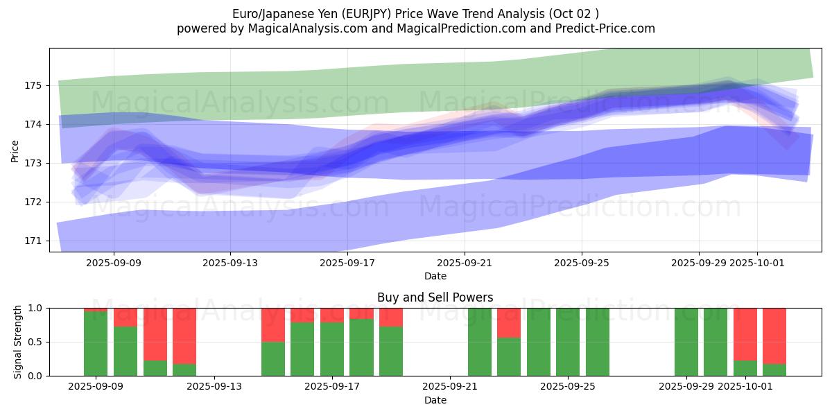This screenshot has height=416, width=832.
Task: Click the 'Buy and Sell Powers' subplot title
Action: pyautogui.click(x=435, y=297)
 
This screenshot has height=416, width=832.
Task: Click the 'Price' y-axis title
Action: pyautogui.click(x=15, y=150)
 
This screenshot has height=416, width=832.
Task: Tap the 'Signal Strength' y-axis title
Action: pyautogui.click(x=17, y=342)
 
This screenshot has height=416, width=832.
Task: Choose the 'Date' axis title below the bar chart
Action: pyautogui.click(x=435, y=400)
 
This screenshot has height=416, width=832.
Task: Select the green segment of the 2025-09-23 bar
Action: pyautogui.click(x=509, y=356)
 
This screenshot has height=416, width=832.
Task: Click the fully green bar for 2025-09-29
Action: pyautogui.click(x=686, y=342)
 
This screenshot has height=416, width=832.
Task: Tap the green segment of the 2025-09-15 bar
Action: pyautogui.click(x=273, y=358)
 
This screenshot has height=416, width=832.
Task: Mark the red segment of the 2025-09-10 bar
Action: pyautogui.click(x=125, y=317)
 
